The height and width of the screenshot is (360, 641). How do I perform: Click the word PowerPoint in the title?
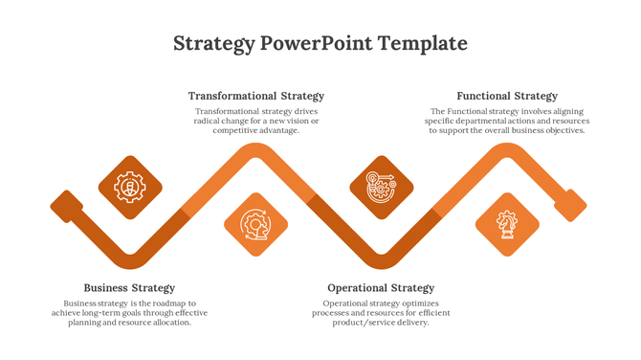coord(316,43)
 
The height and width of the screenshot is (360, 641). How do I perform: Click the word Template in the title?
coord(423,43)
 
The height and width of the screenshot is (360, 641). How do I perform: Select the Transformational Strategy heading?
coord(255,96)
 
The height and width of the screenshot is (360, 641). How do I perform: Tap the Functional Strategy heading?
coord(507,96)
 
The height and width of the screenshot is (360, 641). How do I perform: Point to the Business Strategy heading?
coord(129,287)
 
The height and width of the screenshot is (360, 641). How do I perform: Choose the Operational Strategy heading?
coord(381,287)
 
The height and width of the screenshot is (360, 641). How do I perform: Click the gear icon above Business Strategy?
coord(130,187)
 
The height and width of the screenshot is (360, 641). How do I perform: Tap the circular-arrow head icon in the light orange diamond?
coord(255,224)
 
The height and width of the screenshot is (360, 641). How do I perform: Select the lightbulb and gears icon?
coord(381,187)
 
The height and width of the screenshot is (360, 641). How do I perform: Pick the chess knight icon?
coord(507,224)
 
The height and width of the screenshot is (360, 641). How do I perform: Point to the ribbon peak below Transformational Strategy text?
coord(255,151)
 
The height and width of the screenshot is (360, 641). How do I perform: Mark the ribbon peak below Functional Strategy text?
coord(507,151)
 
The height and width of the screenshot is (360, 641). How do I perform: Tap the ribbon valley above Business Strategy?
coord(130,260)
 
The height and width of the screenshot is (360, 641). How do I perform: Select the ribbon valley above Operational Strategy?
coord(381,260)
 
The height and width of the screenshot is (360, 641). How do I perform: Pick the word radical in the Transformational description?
coord(210,122)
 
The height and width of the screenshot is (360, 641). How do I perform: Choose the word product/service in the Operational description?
coord(362,323)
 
